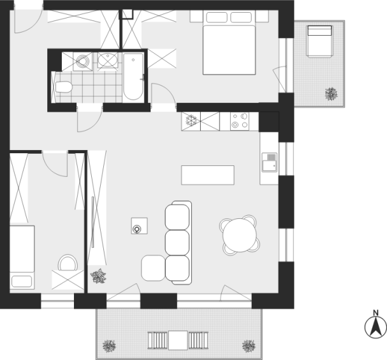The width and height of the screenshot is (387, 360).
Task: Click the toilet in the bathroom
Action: [64, 87]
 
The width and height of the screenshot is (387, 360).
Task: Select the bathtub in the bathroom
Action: [133, 77]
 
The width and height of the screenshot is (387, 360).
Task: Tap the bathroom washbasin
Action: [108, 60]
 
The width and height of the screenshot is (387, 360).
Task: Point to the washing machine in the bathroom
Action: [82, 61]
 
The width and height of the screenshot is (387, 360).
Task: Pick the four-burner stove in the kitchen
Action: [240, 121]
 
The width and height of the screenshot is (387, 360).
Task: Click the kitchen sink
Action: [269, 162]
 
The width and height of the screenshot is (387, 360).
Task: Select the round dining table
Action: [240, 236]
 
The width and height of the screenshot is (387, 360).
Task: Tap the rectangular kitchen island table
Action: [208, 175]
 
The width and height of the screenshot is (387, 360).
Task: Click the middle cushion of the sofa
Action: [177, 243]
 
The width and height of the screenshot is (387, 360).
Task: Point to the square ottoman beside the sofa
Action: [153, 268]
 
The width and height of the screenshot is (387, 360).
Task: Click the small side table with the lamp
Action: [139, 226]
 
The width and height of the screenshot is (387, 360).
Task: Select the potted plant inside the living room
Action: [98, 276]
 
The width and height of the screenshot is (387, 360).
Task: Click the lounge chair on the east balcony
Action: [319, 41]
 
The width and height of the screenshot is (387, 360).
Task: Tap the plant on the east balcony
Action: [331, 94]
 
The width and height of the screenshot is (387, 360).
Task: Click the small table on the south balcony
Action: [178, 340]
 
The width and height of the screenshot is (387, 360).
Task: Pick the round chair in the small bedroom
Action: [68, 263]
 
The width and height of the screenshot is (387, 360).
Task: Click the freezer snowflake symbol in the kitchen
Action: [191, 121]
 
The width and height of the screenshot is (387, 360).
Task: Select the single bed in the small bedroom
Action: [22, 257]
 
